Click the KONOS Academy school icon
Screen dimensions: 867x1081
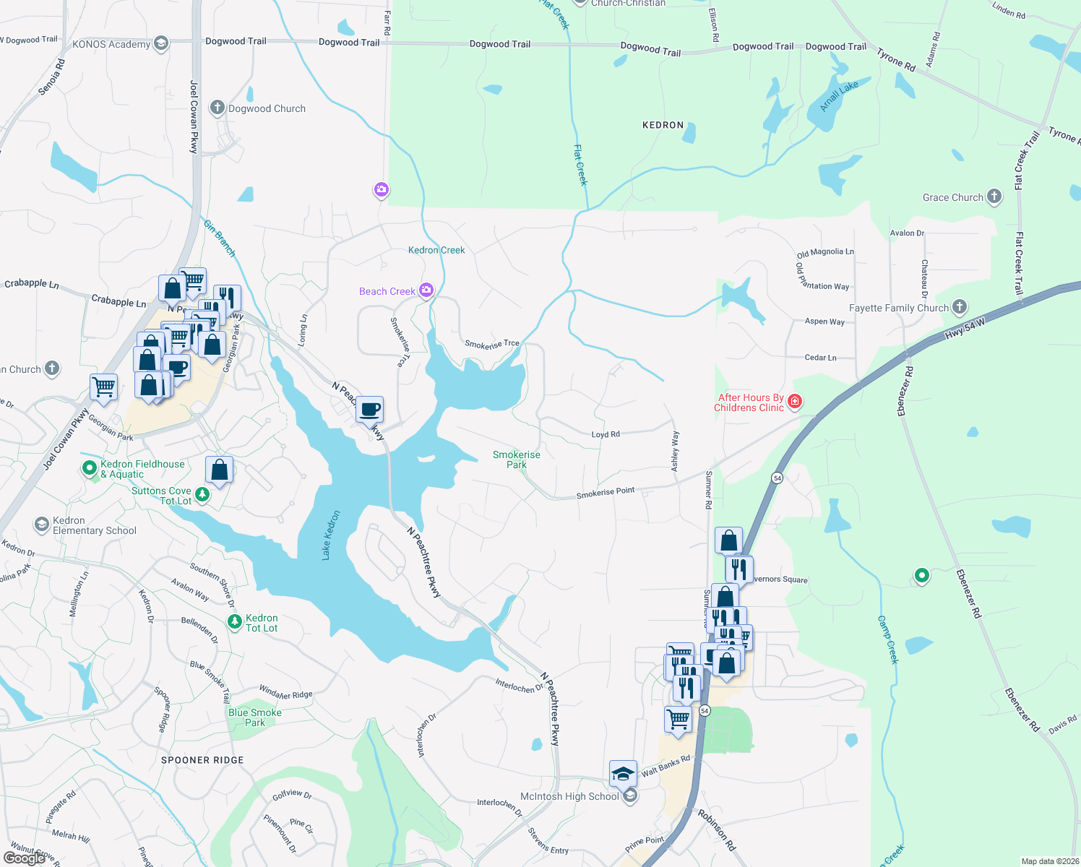point(160,44)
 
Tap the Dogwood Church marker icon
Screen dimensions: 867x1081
point(217,108)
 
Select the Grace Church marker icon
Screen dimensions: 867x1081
point(994,197)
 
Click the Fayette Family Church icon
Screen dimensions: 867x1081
point(959,307)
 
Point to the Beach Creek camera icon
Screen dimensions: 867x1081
point(426,290)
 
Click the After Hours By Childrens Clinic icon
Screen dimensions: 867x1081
point(795,402)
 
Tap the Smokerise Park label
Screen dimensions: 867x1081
point(516,460)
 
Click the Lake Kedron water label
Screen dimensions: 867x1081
point(330,535)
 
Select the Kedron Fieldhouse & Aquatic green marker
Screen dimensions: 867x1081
point(90,468)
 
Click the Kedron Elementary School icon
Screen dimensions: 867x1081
point(42,524)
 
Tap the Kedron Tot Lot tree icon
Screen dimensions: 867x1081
point(234,622)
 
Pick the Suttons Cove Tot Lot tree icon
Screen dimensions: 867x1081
point(203,495)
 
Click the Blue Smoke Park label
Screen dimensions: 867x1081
point(254,717)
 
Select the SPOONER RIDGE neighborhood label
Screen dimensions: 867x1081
point(202,760)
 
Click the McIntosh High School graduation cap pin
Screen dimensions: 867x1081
point(623,774)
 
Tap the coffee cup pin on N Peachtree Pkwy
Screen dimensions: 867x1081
point(370,410)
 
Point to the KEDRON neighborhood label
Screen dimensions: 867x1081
point(663,125)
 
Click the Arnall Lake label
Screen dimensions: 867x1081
point(839,96)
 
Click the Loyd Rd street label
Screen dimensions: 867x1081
point(606,434)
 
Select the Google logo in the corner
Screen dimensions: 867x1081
point(25,858)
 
